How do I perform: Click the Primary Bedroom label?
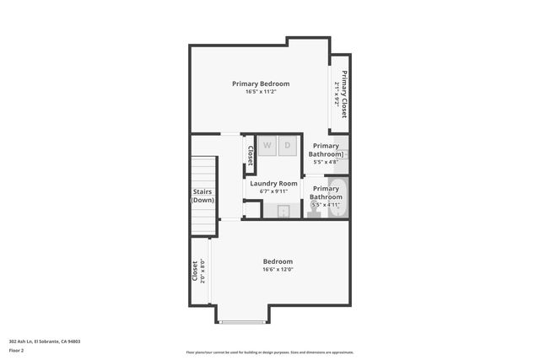click(x=261, y=83)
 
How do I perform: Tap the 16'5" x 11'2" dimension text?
click(x=261, y=92)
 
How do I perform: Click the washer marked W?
click(x=267, y=145)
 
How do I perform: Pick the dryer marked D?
click(x=287, y=145)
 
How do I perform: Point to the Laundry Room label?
click(x=273, y=183)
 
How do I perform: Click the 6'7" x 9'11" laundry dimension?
click(x=273, y=191)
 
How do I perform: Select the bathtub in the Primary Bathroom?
click(x=337, y=197)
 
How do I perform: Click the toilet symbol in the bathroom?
click(x=313, y=212)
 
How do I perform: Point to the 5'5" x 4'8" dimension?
click(x=325, y=162)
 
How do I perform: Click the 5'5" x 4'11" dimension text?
click(x=325, y=205)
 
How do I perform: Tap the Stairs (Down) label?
click(x=202, y=196)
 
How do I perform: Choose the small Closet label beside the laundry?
click(x=250, y=154)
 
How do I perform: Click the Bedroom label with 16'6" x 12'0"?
click(x=278, y=261)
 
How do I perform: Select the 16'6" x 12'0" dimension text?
click(x=278, y=270)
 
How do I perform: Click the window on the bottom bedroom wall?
click(x=241, y=322)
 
